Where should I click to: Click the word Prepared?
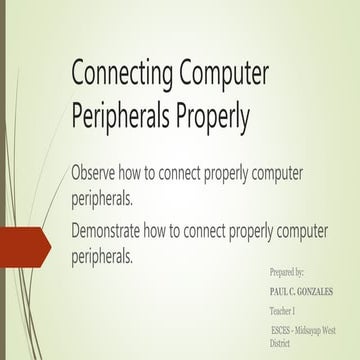pyautogui.click(x=283, y=272)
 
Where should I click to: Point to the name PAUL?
pyautogui.click(x=281, y=291)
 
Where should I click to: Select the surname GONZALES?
pyautogui.click(x=322, y=291)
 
